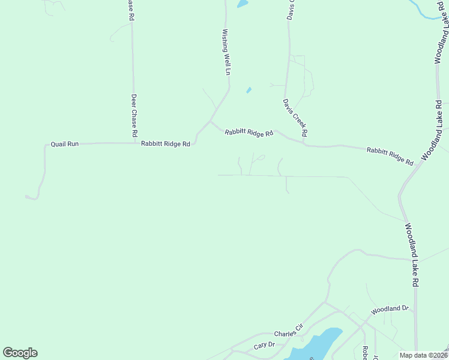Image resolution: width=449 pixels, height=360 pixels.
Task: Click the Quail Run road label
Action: point(65,144)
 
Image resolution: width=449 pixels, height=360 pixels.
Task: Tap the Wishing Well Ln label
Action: point(226,52)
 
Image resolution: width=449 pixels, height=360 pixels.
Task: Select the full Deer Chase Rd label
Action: point(134,115)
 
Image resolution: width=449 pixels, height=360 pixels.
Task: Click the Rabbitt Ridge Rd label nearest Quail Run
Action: point(166,144)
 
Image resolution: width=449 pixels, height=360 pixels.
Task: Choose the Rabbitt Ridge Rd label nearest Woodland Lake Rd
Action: point(390,156)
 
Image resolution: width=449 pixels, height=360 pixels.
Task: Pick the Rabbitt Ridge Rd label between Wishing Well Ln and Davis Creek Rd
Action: point(249,133)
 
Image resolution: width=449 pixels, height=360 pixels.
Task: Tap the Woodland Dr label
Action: point(390,309)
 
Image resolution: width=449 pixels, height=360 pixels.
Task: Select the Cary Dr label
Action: point(264,345)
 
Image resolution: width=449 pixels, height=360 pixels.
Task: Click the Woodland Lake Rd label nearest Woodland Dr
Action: point(412,254)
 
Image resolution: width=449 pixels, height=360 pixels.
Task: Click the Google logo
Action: point(20,353)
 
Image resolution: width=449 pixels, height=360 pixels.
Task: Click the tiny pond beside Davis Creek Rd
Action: point(249,91)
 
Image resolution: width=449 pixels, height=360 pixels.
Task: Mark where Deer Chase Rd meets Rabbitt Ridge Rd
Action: point(134,143)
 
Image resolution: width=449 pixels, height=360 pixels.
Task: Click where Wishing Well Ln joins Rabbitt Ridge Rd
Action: point(209,121)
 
